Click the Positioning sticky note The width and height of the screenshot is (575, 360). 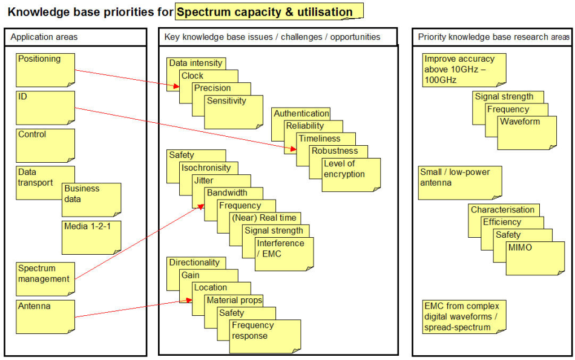point(45,70)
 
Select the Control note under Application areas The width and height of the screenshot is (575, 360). point(45,146)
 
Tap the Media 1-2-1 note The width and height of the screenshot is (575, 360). point(91,238)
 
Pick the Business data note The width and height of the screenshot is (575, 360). point(91,200)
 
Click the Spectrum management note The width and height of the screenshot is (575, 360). point(45,279)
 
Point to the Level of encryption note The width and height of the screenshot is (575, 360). point(351,175)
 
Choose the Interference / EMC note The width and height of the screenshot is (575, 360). point(284,254)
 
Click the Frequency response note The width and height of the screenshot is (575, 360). point(265,336)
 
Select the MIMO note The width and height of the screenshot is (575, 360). point(536,258)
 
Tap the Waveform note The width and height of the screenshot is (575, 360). point(527,133)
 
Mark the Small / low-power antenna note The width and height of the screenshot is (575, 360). point(460,183)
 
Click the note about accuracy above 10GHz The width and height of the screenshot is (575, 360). point(464,70)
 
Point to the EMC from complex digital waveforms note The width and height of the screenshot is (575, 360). point(464,317)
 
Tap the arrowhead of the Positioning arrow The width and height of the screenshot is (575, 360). point(176,86)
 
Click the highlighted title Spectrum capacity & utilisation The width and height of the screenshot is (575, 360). point(269,11)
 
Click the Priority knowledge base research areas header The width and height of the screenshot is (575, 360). point(493,37)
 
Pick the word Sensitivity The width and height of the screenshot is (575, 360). point(226,101)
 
